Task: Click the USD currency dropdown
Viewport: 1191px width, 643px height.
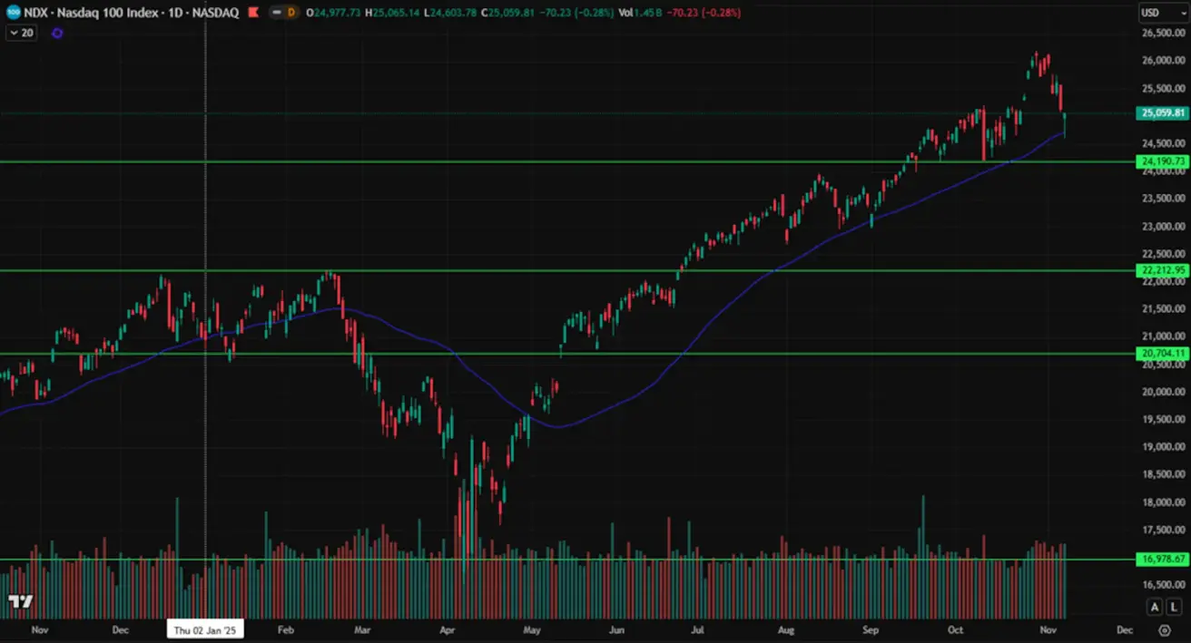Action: coord(1162,13)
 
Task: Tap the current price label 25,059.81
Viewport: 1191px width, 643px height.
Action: coord(1162,113)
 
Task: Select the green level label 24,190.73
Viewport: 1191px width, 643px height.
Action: coord(1162,161)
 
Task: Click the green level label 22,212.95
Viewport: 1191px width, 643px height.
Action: coord(1162,270)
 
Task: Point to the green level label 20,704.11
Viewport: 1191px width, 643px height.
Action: coord(1162,353)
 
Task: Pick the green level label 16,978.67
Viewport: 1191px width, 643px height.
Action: coord(1162,559)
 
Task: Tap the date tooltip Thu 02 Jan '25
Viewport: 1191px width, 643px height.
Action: coord(206,629)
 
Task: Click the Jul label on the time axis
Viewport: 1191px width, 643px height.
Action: coord(699,629)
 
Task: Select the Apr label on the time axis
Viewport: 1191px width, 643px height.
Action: coord(447,629)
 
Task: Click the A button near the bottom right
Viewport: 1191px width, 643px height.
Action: coord(1154,607)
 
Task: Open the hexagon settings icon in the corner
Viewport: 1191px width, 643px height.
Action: coord(1165,629)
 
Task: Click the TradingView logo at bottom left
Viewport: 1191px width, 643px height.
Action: coord(20,601)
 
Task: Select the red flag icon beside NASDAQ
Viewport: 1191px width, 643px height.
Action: coord(252,14)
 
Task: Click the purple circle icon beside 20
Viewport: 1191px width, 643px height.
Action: coord(57,33)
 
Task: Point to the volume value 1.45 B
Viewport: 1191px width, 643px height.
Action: coord(651,14)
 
